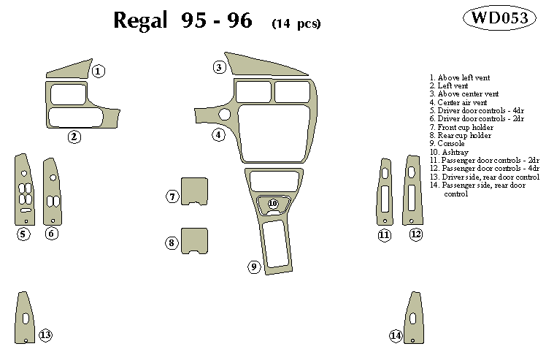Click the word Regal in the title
[x=142, y=21]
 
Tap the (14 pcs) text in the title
[x=296, y=23]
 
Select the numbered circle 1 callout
[x=99, y=71]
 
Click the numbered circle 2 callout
[x=74, y=136]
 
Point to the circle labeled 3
[x=219, y=67]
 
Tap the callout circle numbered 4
[x=219, y=134]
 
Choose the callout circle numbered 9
[x=255, y=267]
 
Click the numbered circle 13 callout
[x=45, y=335]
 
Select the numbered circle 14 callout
[x=396, y=335]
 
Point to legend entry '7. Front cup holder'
[x=461, y=127]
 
